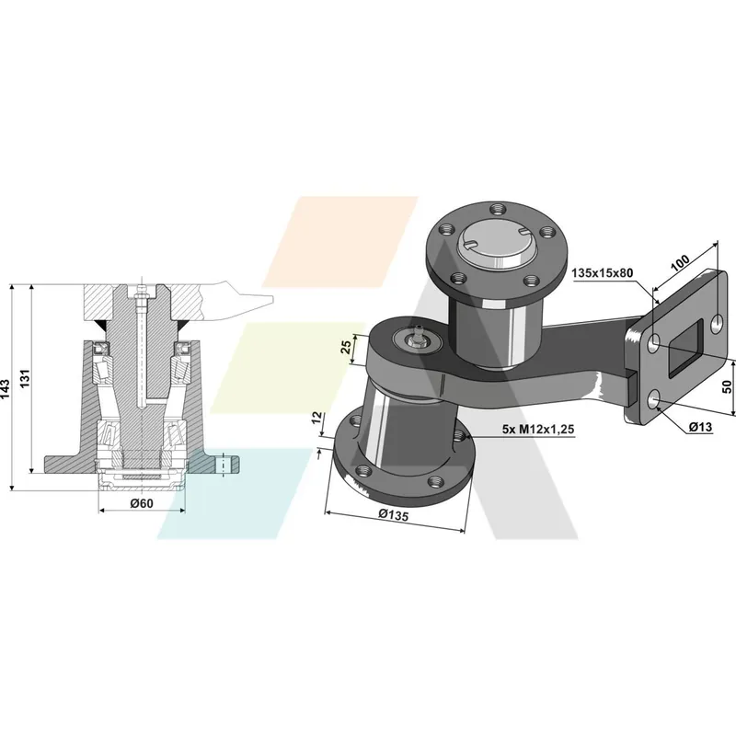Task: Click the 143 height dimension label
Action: pos(6,389)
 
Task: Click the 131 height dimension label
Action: pos(25,379)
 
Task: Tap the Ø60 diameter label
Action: pos(142,503)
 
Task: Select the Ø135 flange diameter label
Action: pos(394,515)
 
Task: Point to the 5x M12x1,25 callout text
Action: pos(538,429)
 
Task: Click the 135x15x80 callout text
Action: pos(603,272)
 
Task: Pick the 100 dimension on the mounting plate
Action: pos(680,262)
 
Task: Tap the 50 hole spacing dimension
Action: pos(727,386)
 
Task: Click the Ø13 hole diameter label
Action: pos(700,427)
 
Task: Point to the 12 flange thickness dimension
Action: pos(317,418)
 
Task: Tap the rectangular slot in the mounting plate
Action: pos(684,349)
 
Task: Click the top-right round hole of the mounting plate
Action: pos(718,324)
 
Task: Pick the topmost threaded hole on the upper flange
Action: pos(497,209)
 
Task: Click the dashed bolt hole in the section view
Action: pos(224,465)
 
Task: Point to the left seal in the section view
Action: pos(101,348)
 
